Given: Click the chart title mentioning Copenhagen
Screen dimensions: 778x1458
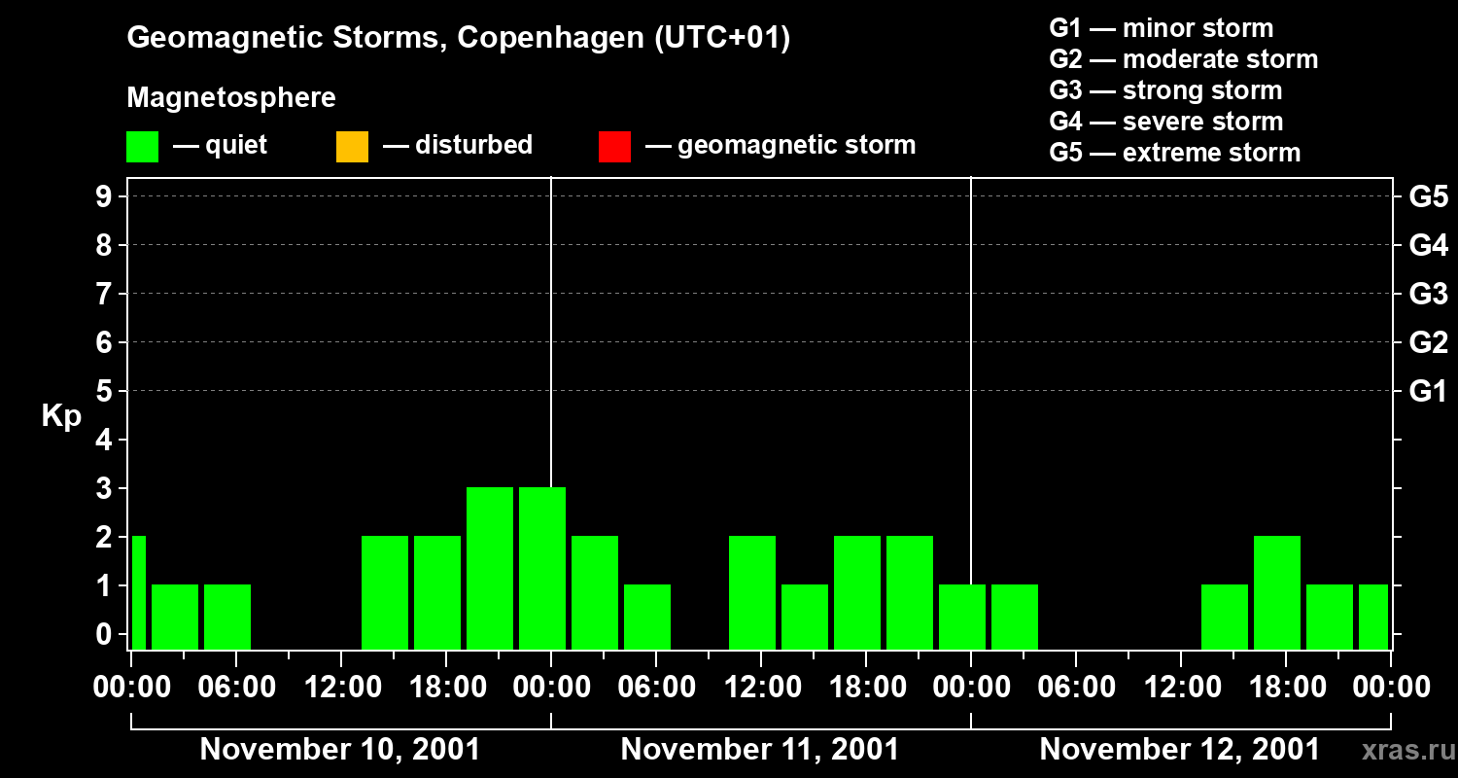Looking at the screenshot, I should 458,38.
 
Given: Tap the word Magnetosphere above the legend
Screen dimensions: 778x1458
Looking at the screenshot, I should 231,97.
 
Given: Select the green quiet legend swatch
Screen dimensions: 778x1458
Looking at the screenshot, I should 142,147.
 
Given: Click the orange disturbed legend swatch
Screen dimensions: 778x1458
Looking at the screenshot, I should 352,147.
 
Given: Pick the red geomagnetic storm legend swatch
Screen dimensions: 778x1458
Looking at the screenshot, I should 614,147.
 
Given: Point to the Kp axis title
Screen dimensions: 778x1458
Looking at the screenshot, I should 61,416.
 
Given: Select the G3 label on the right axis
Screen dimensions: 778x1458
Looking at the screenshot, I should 1428,294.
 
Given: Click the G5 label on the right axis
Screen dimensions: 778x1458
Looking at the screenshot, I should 1428,197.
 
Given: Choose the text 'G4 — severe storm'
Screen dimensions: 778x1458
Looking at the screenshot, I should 1166,122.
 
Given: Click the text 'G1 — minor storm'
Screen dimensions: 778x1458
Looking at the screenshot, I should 1162,28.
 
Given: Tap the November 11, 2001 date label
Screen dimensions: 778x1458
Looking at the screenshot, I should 760,750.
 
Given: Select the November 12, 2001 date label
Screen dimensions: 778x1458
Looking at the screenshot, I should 1180,750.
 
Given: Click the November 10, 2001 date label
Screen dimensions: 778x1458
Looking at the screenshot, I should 340,750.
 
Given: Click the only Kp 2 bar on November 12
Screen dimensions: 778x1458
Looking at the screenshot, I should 1277,592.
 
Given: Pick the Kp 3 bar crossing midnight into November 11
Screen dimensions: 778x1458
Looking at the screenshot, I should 542,568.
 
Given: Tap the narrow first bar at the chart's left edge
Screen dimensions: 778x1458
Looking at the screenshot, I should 139,592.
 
